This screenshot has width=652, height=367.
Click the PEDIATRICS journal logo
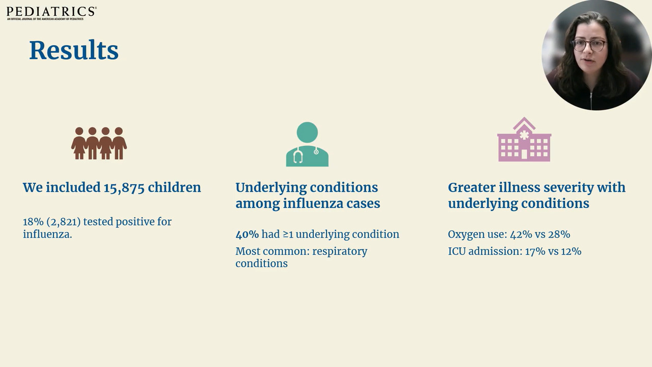click(x=51, y=13)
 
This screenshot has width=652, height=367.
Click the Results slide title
click(x=74, y=50)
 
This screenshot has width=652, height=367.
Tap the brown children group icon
click(x=99, y=143)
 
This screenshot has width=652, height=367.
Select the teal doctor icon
click(x=307, y=144)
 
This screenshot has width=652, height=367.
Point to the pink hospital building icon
click(x=524, y=140)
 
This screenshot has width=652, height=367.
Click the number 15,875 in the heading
click(x=124, y=188)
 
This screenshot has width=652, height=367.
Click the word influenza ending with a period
click(x=47, y=234)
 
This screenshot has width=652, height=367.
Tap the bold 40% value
click(x=247, y=234)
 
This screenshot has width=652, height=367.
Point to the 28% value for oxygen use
click(x=559, y=234)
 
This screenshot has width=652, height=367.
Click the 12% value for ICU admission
click(x=571, y=251)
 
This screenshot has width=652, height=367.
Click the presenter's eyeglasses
click(x=589, y=46)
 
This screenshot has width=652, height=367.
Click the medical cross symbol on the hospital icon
click(x=524, y=135)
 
